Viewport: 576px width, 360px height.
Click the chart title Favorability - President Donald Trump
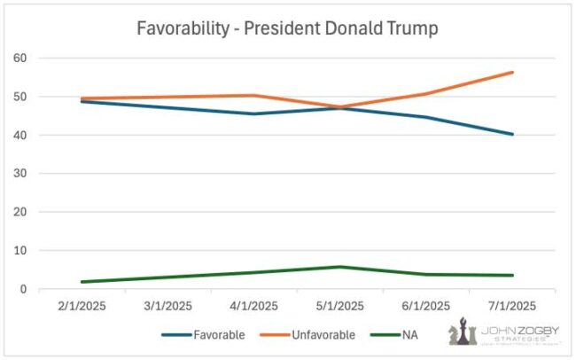point(287,27)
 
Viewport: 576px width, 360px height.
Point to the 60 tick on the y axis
point(20,59)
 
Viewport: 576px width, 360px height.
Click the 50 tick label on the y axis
point(20,97)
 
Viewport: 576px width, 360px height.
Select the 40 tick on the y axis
point(20,136)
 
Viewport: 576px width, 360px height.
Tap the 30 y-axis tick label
point(20,174)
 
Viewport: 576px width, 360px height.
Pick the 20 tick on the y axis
point(20,213)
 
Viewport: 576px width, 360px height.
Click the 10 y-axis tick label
point(20,251)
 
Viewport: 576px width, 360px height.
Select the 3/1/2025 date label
point(167,307)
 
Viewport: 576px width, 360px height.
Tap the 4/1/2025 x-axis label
point(253,307)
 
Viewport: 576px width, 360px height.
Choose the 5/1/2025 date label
point(339,307)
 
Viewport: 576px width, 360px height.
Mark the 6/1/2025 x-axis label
point(426,307)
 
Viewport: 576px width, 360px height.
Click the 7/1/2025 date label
point(512,307)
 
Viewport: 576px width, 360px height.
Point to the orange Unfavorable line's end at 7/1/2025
point(512,73)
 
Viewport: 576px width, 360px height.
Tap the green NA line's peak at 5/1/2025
point(339,267)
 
